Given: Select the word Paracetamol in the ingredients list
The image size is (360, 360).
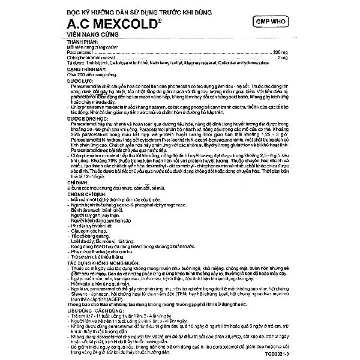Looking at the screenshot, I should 80,53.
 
